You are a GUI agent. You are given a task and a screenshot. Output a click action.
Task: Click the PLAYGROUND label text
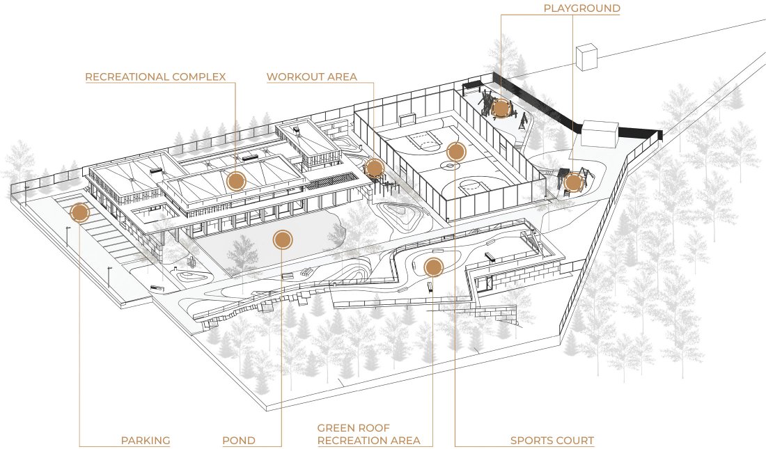581,8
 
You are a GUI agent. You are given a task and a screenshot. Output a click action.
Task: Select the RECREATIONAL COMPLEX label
155,77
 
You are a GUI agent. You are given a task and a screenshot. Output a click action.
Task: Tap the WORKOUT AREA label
311,77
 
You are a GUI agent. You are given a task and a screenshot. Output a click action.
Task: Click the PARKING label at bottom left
146,441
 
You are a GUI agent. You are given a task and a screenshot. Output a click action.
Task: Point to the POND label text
238,441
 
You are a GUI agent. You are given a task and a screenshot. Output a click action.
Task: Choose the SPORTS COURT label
552,441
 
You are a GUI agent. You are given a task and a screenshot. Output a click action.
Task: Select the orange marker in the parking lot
79,212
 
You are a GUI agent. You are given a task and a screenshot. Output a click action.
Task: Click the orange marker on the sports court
455,151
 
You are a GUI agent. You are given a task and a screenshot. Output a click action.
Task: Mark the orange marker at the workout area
375,168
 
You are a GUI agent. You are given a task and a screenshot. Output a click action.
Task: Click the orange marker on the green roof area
433,266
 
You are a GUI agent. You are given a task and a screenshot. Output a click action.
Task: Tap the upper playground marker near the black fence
500,108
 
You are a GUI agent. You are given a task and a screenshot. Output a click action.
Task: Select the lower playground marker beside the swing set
573,183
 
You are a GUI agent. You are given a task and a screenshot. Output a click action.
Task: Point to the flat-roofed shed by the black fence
600,134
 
